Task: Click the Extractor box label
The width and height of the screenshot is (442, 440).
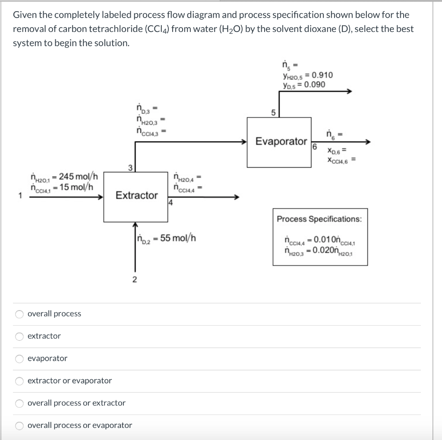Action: point(136,195)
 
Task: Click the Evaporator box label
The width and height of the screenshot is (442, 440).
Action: point(281,141)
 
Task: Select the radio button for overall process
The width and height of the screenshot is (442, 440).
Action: point(19,314)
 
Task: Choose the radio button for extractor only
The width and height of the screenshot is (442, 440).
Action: point(19,336)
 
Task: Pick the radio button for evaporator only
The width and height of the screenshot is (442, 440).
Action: point(19,358)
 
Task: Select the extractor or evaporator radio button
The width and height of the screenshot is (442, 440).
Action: point(19,381)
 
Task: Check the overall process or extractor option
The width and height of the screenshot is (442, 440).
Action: point(19,403)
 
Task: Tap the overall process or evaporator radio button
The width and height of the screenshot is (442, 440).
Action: point(19,426)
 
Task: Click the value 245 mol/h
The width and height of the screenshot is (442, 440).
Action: point(79,176)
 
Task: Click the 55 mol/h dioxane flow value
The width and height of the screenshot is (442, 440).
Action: point(178,238)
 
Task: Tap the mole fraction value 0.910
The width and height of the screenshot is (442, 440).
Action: point(318,75)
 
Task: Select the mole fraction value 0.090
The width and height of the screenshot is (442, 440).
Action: point(315,84)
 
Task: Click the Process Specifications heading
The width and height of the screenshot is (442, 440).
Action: point(319,219)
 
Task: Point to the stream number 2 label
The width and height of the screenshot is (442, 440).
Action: point(135,280)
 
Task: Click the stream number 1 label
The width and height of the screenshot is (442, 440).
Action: point(19,197)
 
